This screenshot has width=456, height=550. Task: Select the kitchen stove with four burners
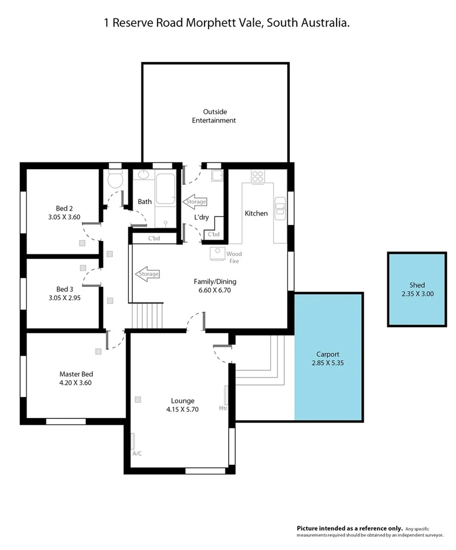point(258,176)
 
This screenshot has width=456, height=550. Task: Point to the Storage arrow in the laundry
point(195,202)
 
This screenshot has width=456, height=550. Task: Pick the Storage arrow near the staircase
point(148,274)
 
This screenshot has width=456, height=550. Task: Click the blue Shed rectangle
point(417,289)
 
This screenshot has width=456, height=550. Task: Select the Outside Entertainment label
point(214,116)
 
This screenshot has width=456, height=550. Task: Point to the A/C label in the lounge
point(137,453)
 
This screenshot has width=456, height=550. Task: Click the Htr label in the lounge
point(223,408)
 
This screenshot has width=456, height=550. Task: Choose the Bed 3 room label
point(65,289)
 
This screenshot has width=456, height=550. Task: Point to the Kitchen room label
point(256,213)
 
